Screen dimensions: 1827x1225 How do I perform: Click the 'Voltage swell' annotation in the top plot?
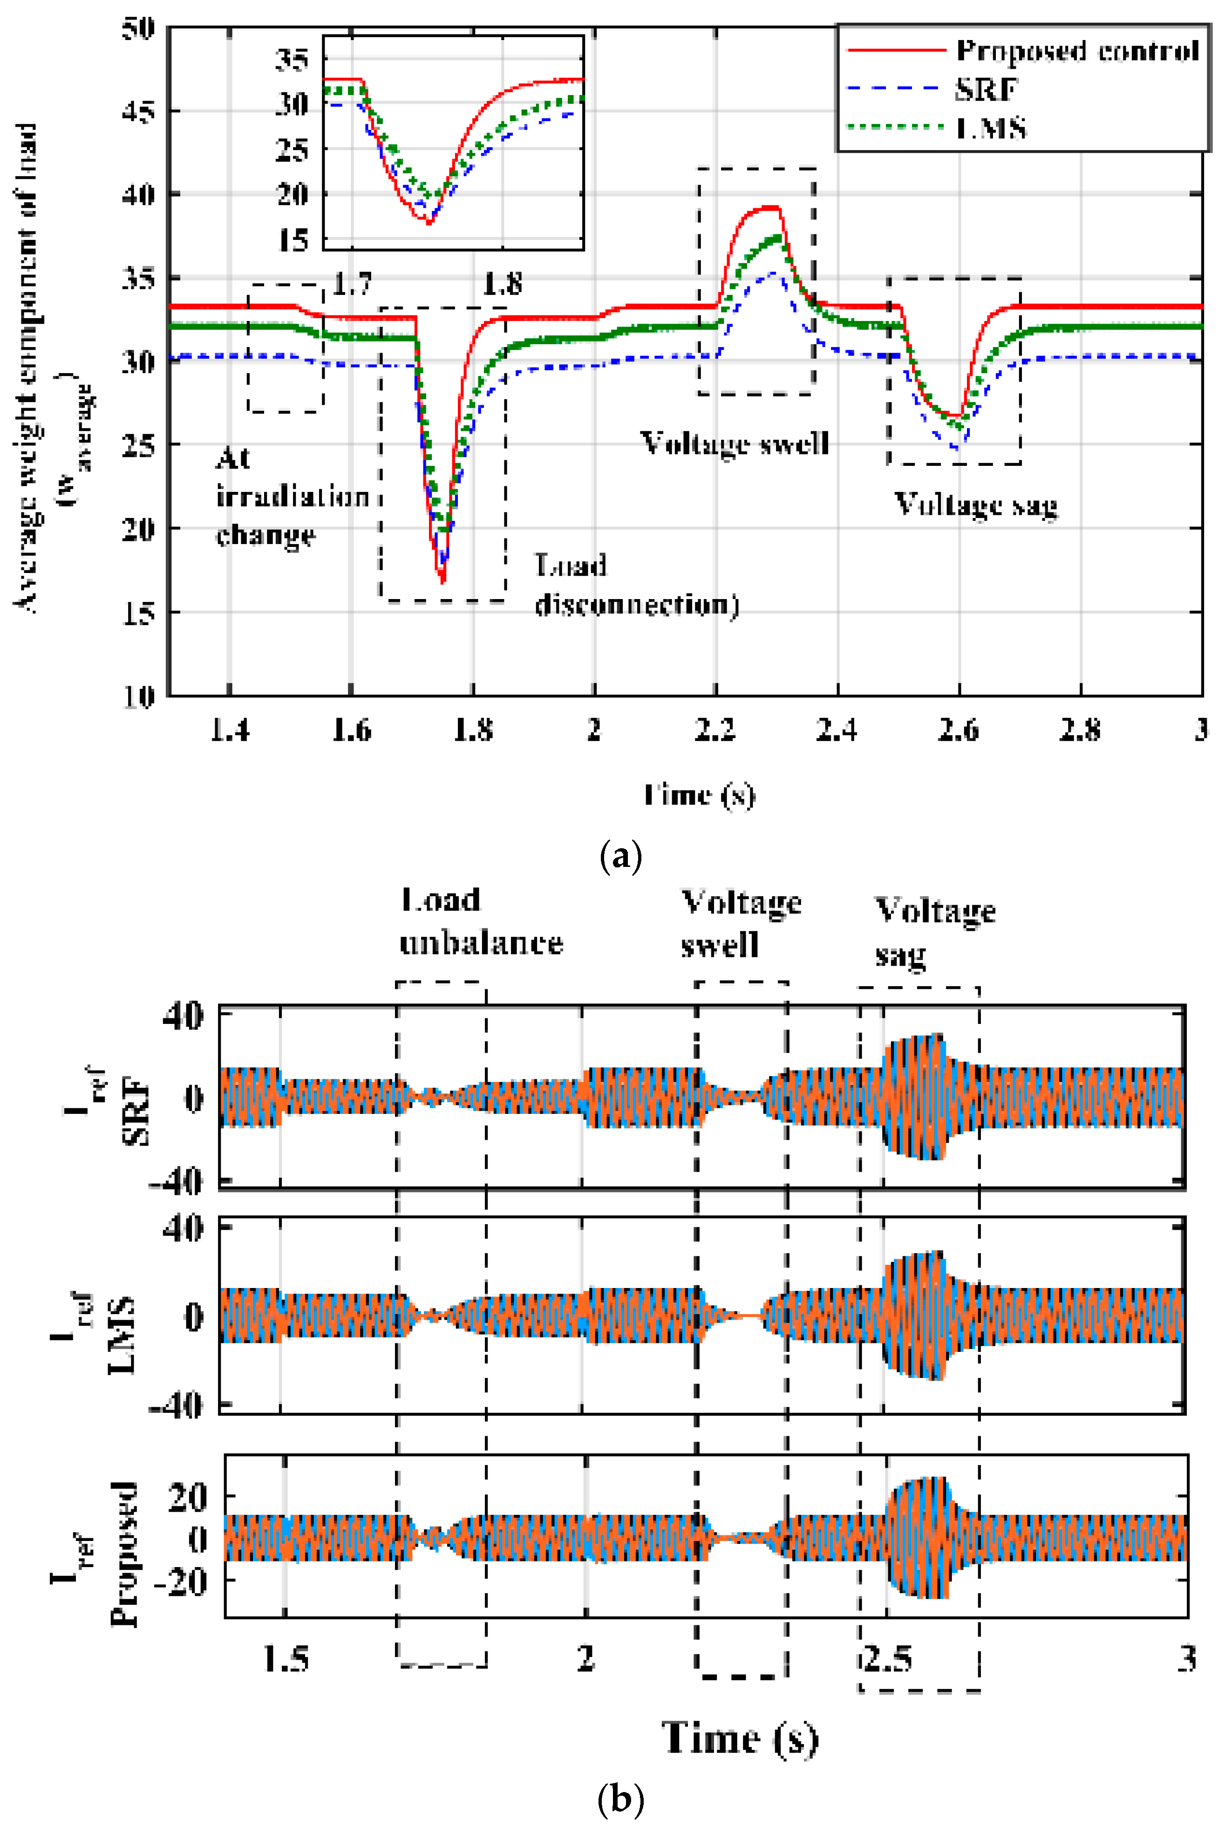pos(735,443)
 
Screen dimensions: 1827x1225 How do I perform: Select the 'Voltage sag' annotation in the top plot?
pos(976,504)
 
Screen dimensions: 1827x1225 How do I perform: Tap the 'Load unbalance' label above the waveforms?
pos(481,922)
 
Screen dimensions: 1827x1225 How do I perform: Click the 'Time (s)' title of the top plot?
pos(699,795)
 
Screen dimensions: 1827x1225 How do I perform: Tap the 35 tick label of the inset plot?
pos(292,59)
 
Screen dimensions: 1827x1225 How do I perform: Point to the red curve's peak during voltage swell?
pos(769,207)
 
